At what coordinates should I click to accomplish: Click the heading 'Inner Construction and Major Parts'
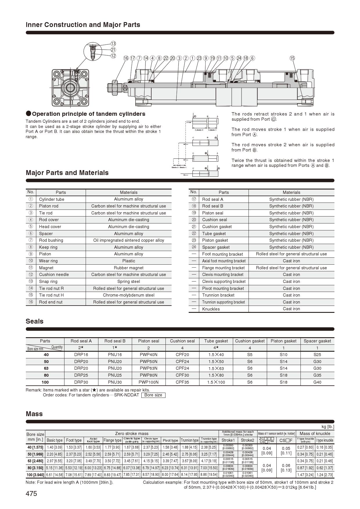click(83, 25)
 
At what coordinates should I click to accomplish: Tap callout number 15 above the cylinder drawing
click(292, 58)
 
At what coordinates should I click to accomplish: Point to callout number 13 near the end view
click(113, 44)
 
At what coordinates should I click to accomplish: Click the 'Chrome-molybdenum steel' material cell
click(129, 295)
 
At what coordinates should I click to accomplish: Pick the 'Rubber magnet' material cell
click(129, 268)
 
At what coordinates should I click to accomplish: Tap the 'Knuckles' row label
click(211, 309)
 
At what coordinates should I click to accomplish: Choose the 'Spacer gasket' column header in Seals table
click(317, 341)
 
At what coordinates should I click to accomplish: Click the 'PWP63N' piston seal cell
click(148, 368)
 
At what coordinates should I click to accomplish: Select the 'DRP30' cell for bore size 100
click(81, 382)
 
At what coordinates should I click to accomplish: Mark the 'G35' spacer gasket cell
click(317, 375)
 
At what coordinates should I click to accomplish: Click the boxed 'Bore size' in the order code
click(153, 395)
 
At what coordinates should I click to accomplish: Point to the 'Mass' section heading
click(34, 414)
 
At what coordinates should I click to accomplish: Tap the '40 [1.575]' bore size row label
click(35, 447)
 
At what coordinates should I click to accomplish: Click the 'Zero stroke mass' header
click(132, 434)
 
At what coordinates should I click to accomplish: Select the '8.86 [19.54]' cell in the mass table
click(209, 475)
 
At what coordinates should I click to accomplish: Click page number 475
click(31, 494)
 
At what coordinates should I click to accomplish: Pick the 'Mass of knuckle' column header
click(315, 434)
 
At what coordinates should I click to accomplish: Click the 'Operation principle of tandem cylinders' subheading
click(89, 114)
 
